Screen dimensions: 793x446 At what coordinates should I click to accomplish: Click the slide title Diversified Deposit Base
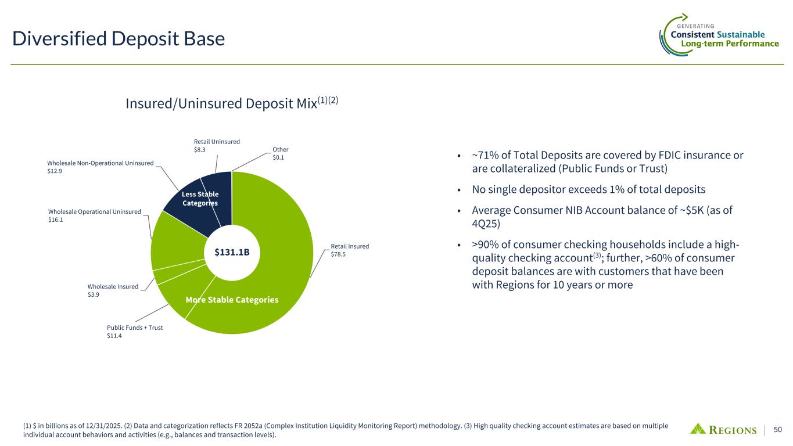tap(119, 38)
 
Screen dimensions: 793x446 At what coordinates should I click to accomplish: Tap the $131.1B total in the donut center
tap(232, 252)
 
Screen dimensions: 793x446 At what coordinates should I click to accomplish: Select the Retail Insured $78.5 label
tap(350, 250)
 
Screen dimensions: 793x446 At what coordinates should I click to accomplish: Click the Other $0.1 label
tap(281, 153)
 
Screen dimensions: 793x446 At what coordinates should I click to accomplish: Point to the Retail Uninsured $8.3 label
tap(217, 146)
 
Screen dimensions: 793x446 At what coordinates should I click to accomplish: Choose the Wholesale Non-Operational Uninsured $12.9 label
tap(100, 167)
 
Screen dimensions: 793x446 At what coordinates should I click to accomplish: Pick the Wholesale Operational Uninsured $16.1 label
tap(95, 215)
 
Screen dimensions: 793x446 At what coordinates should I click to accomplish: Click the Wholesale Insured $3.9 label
tap(113, 290)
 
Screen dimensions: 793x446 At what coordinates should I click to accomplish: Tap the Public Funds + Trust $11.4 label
tap(135, 332)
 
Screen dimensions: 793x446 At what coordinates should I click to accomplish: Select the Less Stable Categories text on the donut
tap(200, 199)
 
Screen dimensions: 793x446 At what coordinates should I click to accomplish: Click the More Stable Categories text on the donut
tap(232, 300)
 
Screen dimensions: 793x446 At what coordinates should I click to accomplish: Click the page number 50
tap(778, 429)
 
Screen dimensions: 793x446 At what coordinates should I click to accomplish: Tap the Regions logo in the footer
tap(723, 429)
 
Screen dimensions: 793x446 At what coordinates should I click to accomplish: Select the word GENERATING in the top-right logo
tap(695, 26)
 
